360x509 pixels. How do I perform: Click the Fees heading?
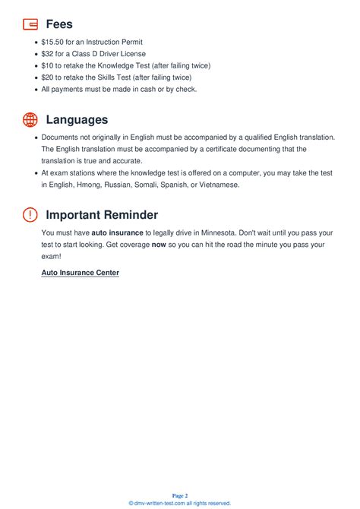(59, 24)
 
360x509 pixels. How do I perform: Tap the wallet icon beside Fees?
(30, 24)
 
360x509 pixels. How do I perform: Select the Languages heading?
(77, 119)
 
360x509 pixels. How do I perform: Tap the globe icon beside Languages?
(30, 119)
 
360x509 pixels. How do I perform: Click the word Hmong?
(91, 185)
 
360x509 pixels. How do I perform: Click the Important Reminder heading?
(102, 215)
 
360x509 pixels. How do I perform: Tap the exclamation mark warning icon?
(30, 215)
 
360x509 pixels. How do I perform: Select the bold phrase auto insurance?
(117, 232)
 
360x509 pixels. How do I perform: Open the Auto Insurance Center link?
(80, 272)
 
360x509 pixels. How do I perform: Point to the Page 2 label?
(180, 495)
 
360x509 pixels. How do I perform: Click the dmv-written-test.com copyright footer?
(180, 503)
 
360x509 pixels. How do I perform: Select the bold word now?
(159, 245)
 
